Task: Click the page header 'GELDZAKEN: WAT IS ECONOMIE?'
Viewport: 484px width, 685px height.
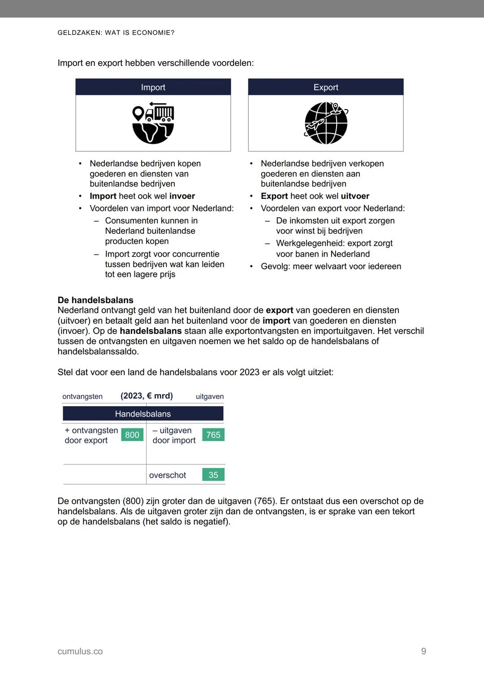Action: pyautogui.click(x=116, y=33)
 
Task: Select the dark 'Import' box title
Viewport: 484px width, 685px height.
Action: pyautogui.click(x=153, y=87)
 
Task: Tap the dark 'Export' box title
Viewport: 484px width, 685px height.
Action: pyautogui.click(x=326, y=87)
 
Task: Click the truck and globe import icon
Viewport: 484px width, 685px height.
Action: pyautogui.click(x=153, y=123)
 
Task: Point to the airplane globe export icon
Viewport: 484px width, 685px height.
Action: pyautogui.click(x=326, y=123)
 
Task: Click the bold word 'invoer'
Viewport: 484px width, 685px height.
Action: pyautogui.click(x=182, y=196)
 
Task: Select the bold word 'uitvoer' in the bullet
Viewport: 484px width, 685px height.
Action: pyautogui.click(x=355, y=196)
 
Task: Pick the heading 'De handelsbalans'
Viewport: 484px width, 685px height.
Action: pyautogui.click(x=95, y=300)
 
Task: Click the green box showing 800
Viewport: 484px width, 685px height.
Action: pyautogui.click(x=132, y=435)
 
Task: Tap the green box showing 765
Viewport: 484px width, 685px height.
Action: pyautogui.click(x=213, y=435)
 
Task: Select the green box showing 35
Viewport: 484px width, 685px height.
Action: pyautogui.click(x=213, y=475)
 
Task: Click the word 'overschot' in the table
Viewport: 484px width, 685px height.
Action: pyautogui.click(x=168, y=475)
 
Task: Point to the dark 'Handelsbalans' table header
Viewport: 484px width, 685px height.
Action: pyautogui.click(x=143, y=414)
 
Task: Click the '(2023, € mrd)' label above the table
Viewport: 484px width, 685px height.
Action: pyautogui.click(x=147, y=396)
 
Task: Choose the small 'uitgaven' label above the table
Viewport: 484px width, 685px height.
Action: pyautogui.click(x=210, y=396)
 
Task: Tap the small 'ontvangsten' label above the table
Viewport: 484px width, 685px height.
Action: pyautogui.click(x=82, y=396)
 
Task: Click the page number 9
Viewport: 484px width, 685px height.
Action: pyautogui.click(x=423, y=651)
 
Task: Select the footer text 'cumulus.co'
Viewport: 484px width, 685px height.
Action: pyautogui.click(x=80, y=651)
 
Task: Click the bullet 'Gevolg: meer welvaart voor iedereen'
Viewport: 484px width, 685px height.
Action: pyautogui.click(x=331, y=266)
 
